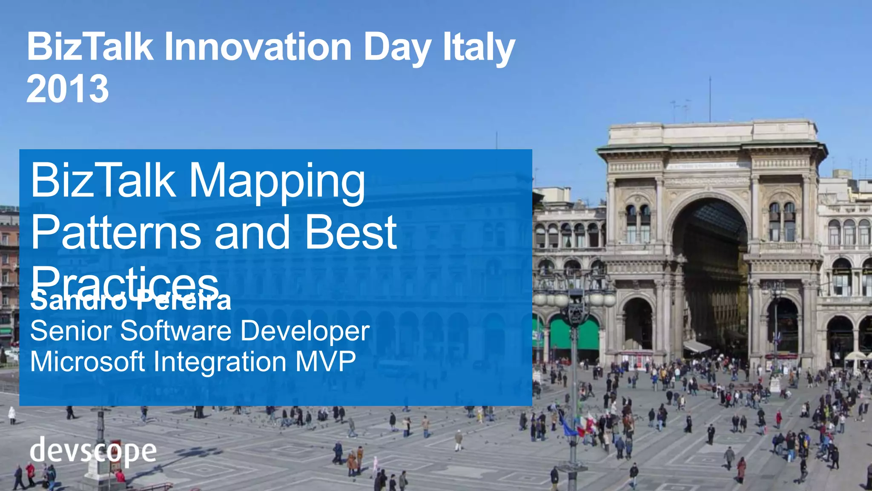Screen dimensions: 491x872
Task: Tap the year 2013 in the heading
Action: pyautogui.click(x=68, y=89)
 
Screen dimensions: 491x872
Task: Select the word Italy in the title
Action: pyautogui.click(x=479, y=48)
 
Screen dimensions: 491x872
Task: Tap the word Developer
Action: pyautogui.click(x=305, y=331)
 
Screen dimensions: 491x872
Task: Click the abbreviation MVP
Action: pyautogui.click(x=325, y=362)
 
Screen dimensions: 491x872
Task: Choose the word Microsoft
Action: pyautogui.click(x=88, y=362)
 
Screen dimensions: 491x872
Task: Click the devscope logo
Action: pyautogui.click(x=93, y=451)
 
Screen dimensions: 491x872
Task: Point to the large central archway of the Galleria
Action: pyautogui.click(x=710, y=273)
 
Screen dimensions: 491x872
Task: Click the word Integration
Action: pyautogui.click(x=220, y=362)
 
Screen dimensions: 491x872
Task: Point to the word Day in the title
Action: pyautogui.click(x=397, y=48)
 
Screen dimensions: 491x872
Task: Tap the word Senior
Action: pyautogui.click(x=72, y=331)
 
